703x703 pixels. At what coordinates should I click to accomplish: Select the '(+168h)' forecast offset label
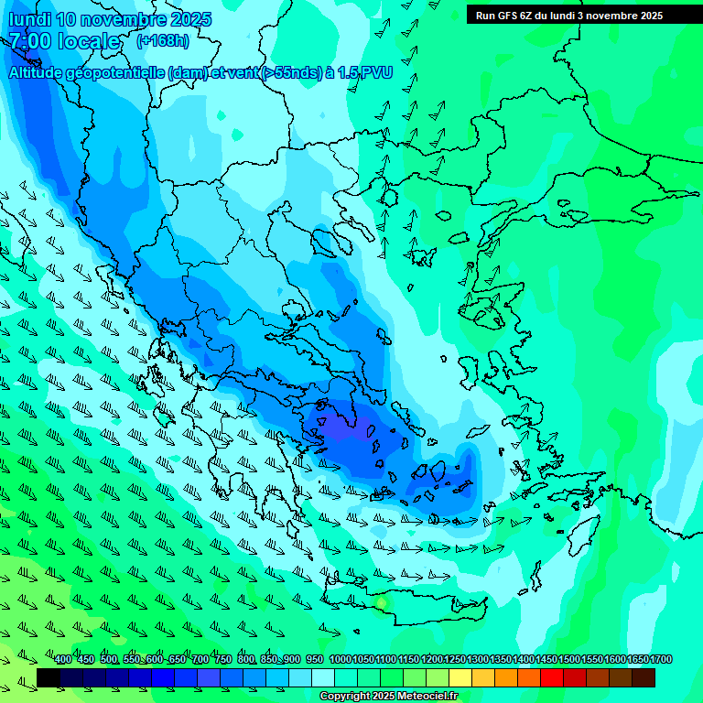pyautogui.click(x=163, y=41)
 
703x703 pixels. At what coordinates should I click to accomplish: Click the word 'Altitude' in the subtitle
pyautogui.click(x=41, y=73)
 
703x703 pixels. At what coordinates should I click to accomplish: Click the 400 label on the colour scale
pyautogui.click(x=63, y=660)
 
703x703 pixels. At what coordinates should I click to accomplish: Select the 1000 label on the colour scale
pyautogui.click(x=340, y=660)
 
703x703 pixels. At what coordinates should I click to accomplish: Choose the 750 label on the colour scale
pyautogui.click(x=222, y=660)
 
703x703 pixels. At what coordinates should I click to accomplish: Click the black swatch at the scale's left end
pyautogui.click(x=49, y=677)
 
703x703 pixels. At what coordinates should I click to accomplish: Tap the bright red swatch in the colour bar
pyautogui.click(x=552, y=677)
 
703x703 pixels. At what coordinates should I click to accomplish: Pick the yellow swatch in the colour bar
pyautogui.click(x=460, y=677)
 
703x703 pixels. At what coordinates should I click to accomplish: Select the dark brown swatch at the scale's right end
pyautogui.click(x=644, y=677)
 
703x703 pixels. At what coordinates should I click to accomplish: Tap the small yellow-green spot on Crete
pyautogui.click(x=381, y=602)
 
